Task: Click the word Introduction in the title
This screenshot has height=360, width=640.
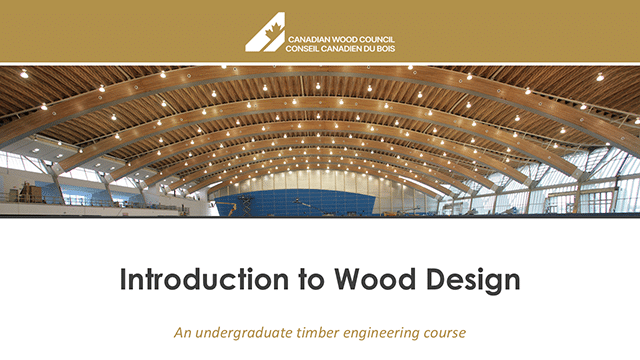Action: click(190, 280)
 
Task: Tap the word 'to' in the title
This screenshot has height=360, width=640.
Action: click(284, 280)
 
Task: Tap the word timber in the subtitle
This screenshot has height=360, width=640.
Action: click(318, 332)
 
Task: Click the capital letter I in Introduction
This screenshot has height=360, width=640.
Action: click(124, 280)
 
